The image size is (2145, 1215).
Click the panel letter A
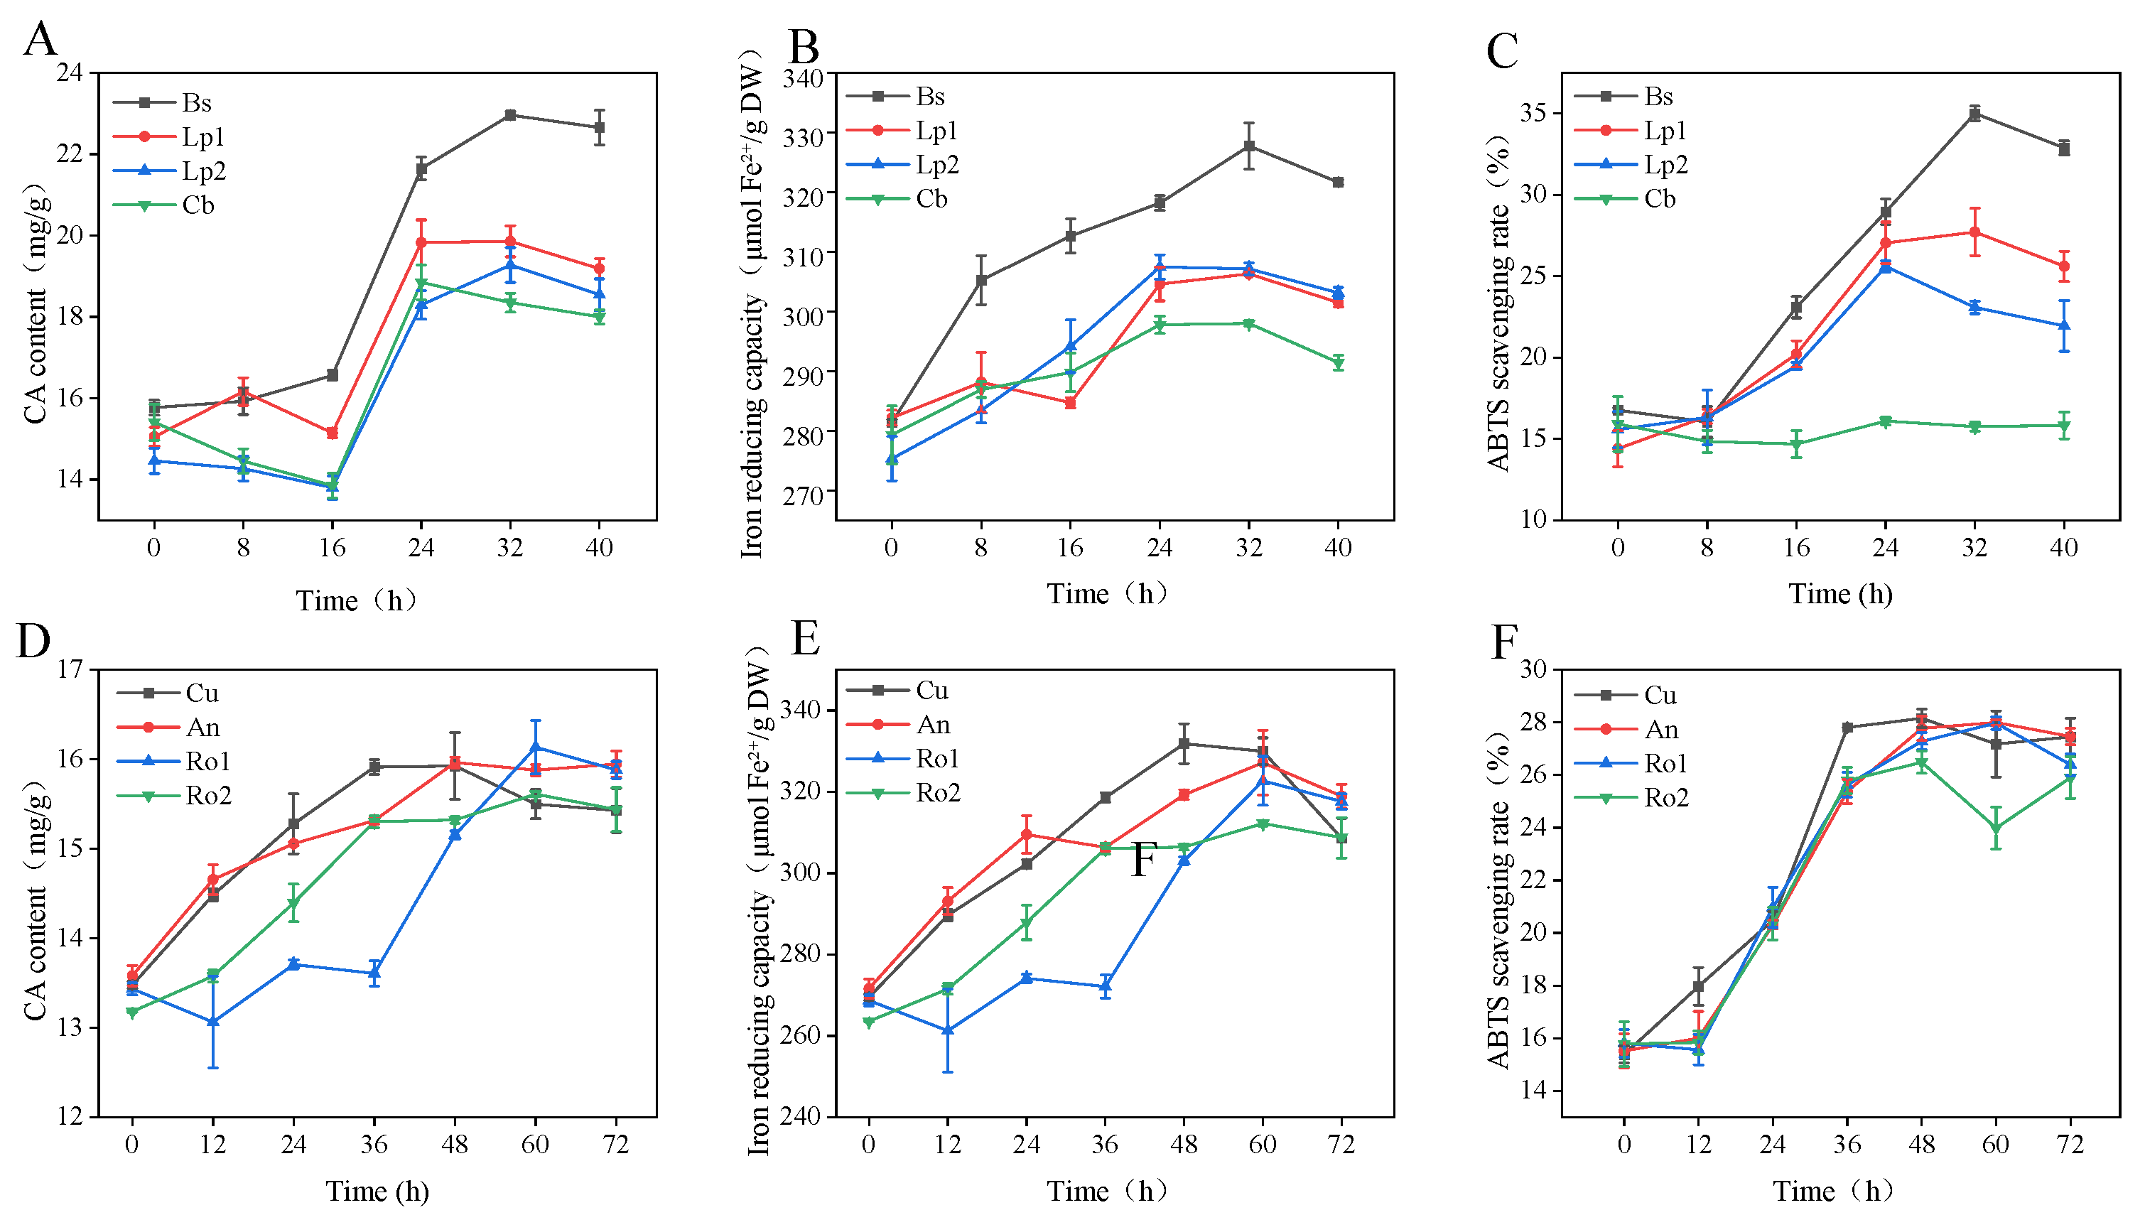click(x=39, y=39)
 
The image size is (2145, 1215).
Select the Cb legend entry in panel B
click(x=931, y=199)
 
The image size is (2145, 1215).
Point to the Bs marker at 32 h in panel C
click(x=1974, y=114)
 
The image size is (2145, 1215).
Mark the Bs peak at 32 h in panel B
click(x=1249, y=146)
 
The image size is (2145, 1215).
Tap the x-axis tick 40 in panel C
click(x=2063, y=547)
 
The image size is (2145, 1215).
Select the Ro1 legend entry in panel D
click(x=207, y=761)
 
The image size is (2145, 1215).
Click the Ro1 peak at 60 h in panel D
click(x=535, y=747)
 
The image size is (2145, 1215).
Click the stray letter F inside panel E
click(x=1144, y=860)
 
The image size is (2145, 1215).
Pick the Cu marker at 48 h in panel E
click(x=1184, y=743)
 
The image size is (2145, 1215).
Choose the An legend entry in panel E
click(x=933, y=724)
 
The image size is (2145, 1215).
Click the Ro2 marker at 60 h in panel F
click(x=1996, y=828)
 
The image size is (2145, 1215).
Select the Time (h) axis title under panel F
click(x=1833, y=1191)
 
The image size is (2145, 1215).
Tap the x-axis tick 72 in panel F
click(x=2070, y=1144)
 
